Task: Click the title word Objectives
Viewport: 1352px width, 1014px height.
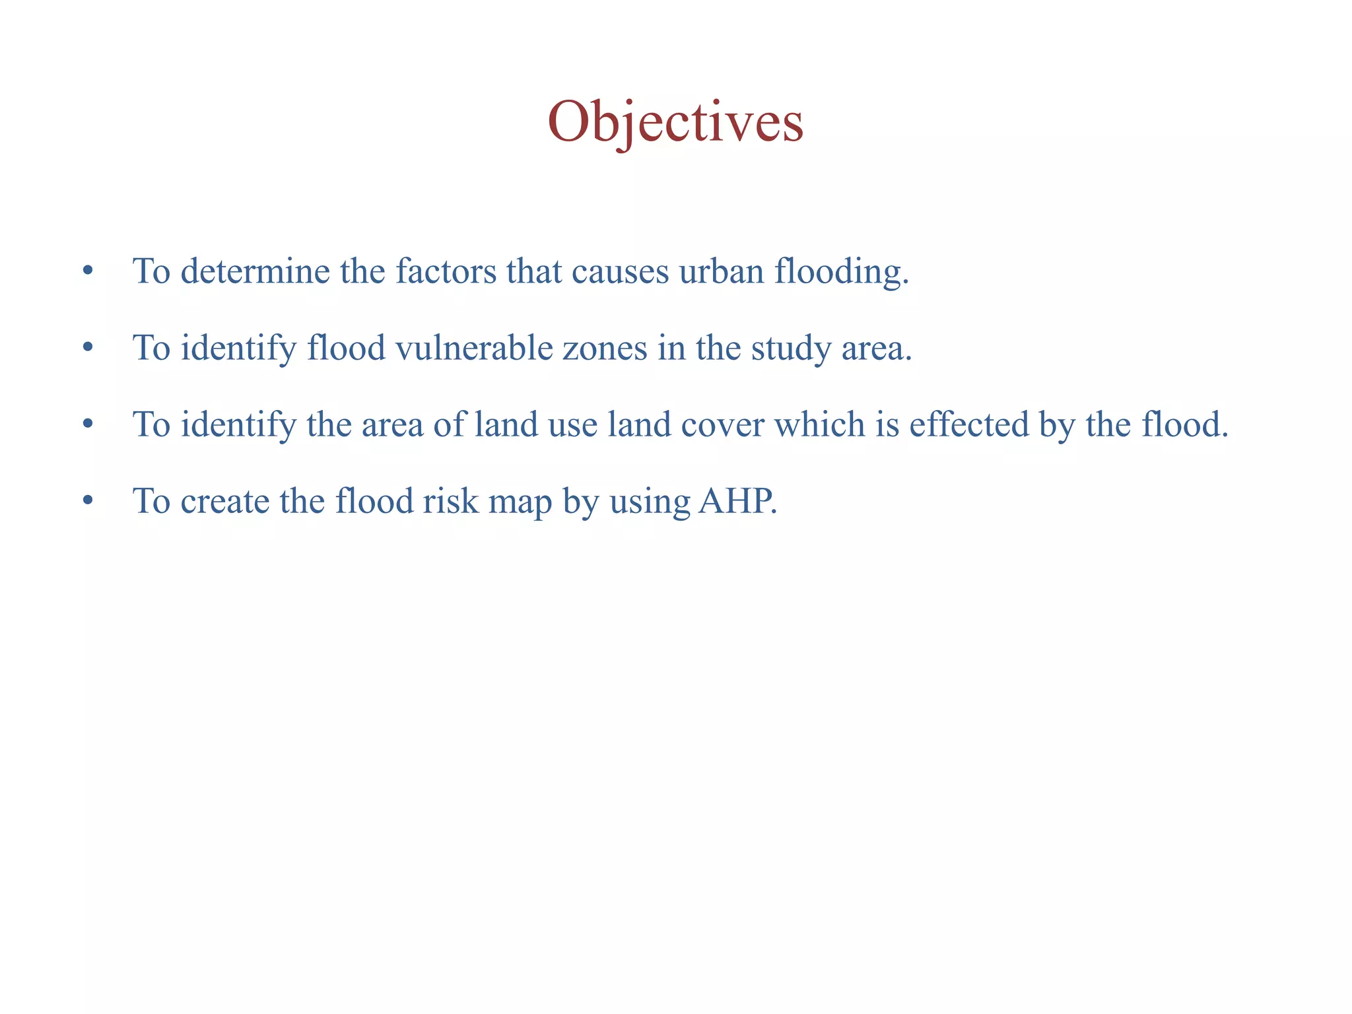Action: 675,122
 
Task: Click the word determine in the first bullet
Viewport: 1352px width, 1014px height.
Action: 255,271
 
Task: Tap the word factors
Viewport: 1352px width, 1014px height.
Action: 446,271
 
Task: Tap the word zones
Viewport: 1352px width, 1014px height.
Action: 605,348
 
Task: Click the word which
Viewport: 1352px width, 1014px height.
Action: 819,424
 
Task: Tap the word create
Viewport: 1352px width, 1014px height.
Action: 224,501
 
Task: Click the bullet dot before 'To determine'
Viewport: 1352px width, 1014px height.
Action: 87,271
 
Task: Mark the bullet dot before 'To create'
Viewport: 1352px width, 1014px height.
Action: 87,501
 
